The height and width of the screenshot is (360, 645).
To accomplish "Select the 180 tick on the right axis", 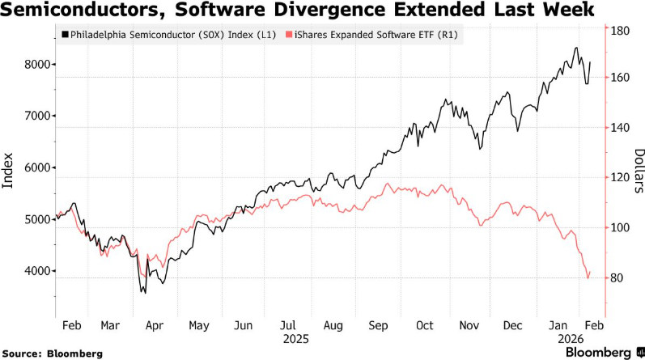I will click(621, 31).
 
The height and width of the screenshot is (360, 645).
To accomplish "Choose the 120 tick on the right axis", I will click(621, 178).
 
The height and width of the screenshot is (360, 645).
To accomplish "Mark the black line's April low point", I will click(144, 292).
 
